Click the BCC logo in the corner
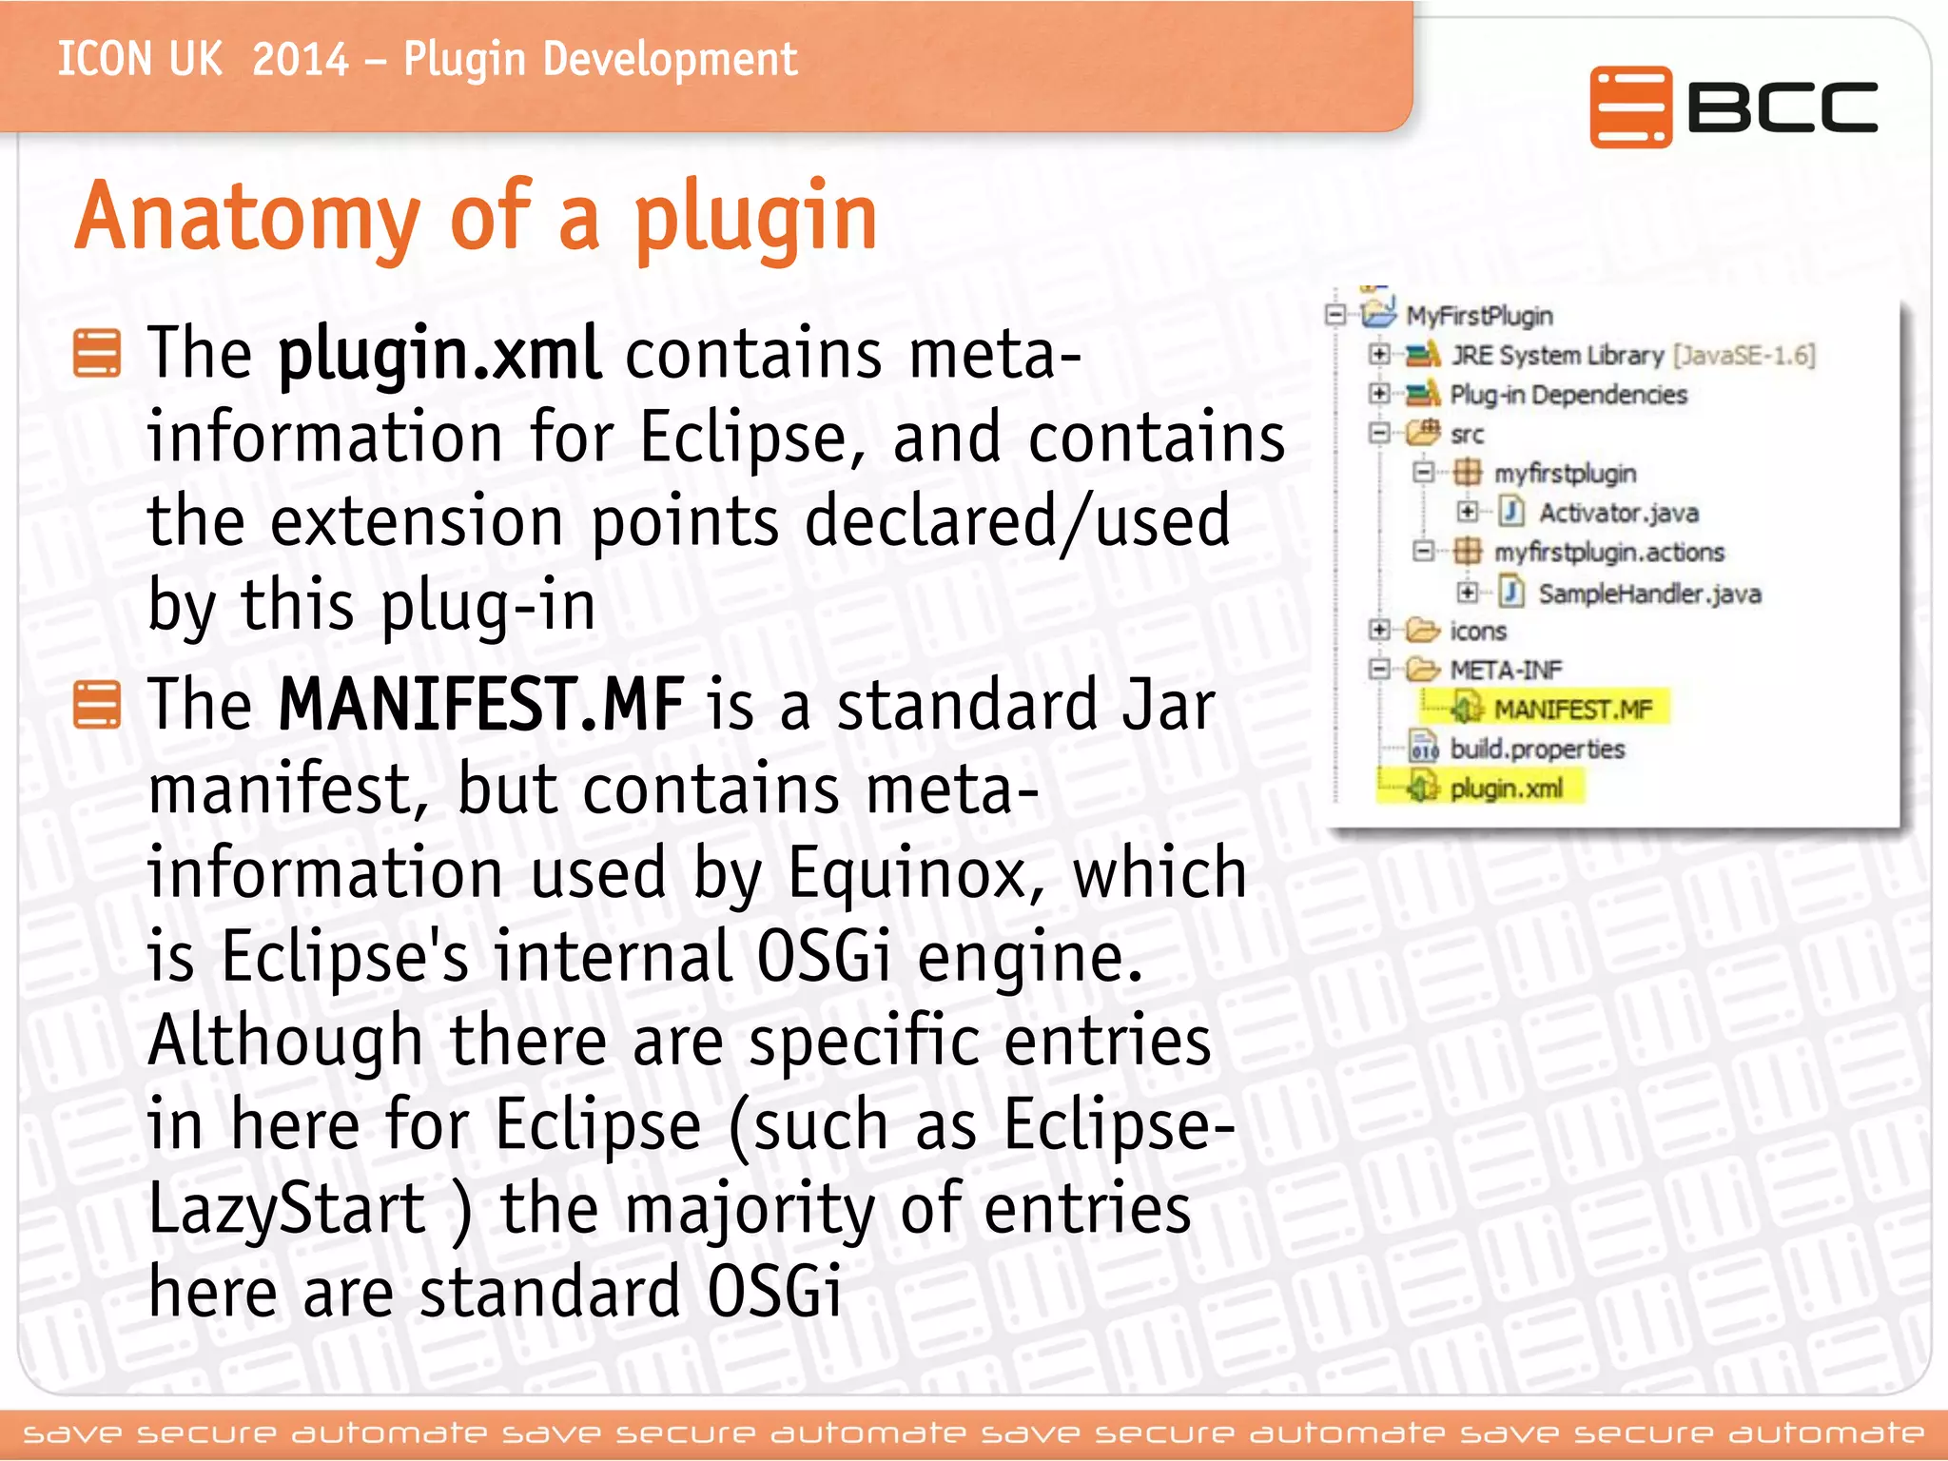(1733, 107)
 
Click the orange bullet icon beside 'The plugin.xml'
(97, 353)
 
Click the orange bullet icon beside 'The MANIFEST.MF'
(97, 705)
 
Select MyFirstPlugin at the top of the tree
(1479, 316)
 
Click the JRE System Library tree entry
(1556, 356)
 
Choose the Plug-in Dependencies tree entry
(1568, 395)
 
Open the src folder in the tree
(1466, 435)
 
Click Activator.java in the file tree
(1618, 514)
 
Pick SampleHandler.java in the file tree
(1649, 594)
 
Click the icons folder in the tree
(1477, 632)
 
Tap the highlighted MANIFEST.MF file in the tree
(1572, 710)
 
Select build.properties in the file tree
(1536, 750)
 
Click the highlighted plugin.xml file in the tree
(1505, 789)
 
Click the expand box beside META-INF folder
(1378, 670)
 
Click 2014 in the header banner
(301, 60)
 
